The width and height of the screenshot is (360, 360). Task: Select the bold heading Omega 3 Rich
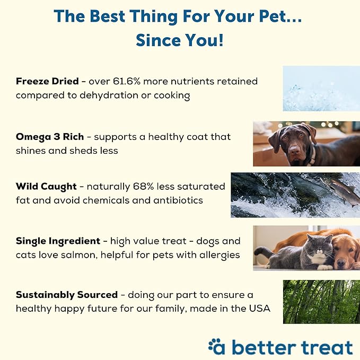50,136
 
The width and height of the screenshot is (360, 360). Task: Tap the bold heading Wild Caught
45,187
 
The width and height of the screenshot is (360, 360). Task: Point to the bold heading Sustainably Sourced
67,295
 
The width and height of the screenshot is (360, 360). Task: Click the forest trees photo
321,301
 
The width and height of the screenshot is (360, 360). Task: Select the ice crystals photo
321,88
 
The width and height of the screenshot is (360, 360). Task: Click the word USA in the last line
259,309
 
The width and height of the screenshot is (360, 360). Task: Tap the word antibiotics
177,200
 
